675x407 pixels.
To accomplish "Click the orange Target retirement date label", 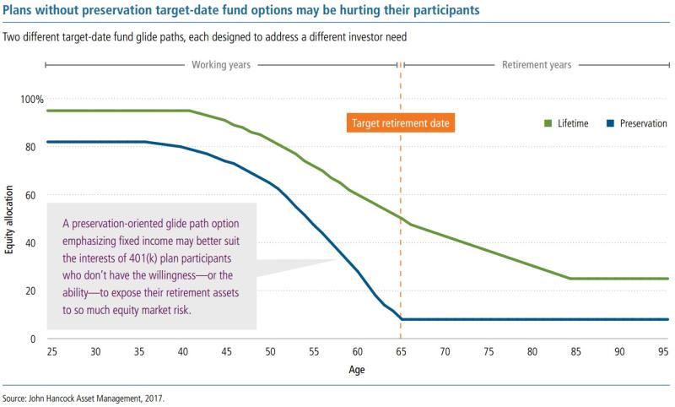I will pyautogui.click(x=401, y=122).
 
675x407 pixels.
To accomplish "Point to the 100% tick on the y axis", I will pyautogui.click(x=32, y=100).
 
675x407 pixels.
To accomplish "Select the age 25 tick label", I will pyautogui.click(x=52, y=351).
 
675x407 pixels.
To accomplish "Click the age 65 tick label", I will pyautogui.click(x=401, y=351).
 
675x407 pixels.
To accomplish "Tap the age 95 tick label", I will pyautogui.click(x=662, y=351).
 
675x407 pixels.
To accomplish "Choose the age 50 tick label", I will pyautogui.click(x=270, y=351).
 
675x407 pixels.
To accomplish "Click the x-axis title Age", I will pyautogui.click(x=357, y=371).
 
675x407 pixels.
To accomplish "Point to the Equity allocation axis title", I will pyautogui.click(x=10, y=220).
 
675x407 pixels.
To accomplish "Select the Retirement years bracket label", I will pyautogui.click(x=537, y=64).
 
